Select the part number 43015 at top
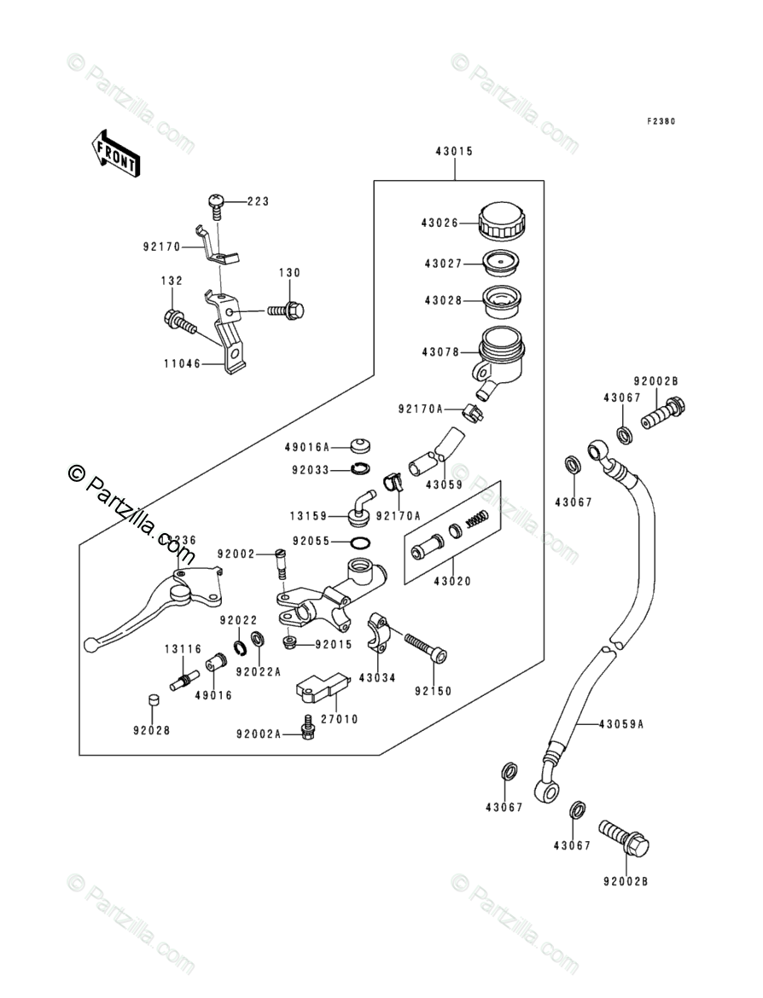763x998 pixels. [x=454, y=151]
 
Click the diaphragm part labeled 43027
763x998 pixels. [x=499, y=263]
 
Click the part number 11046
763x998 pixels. [x=183, y=363]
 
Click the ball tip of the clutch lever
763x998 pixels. [x=90, y=645]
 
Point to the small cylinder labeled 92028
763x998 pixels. [x=153, y=701]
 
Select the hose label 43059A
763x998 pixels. [x=620, y=723]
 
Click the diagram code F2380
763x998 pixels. [x=660, y=121]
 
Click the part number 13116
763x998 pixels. [x=183, y=649]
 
